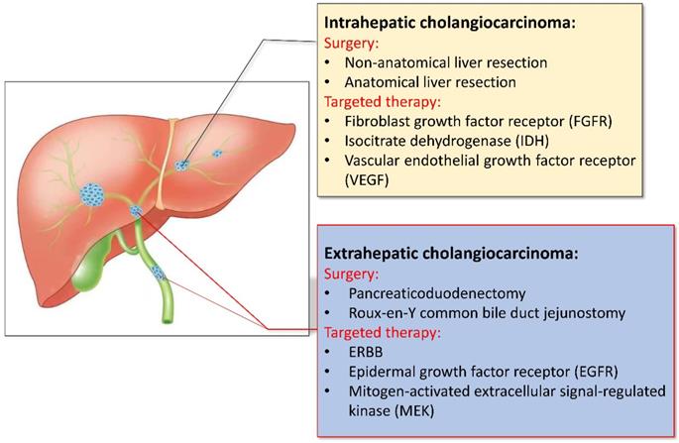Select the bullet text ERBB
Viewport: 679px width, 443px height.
pos(365,352)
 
